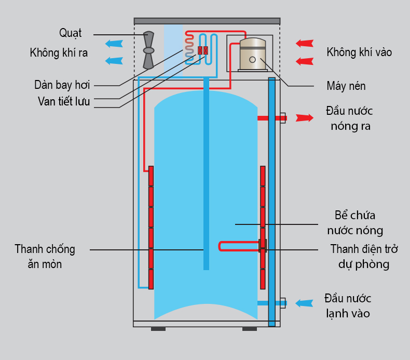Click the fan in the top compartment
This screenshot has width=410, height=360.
[x=148, y=50]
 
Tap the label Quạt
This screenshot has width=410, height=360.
[x=70, y=33]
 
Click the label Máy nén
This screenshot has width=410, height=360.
[x=346, y=85]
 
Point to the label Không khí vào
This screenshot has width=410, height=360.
[x=359, y=52]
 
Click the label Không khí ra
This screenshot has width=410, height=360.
[x=59, y=52]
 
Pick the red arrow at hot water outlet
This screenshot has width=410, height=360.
[x=305, y=118]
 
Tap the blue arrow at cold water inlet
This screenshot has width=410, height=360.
[x=304, y=303]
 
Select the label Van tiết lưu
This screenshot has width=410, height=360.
[x=64, y=101]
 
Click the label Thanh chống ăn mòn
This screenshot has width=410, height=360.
[x=45, y=257]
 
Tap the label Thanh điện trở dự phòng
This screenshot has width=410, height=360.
[x=364, y=256]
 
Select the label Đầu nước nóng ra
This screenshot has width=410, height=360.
[x=350, y=118]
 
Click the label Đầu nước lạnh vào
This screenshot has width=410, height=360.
[x=348, y=306]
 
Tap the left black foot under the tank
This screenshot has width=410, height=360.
[x=158, y=328]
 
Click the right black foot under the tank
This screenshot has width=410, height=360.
[x=250, y=328]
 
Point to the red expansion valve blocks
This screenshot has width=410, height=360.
[x=203, y=50]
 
